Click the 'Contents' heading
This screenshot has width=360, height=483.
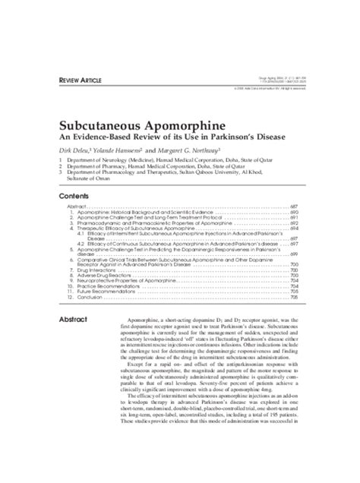point(77,194)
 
